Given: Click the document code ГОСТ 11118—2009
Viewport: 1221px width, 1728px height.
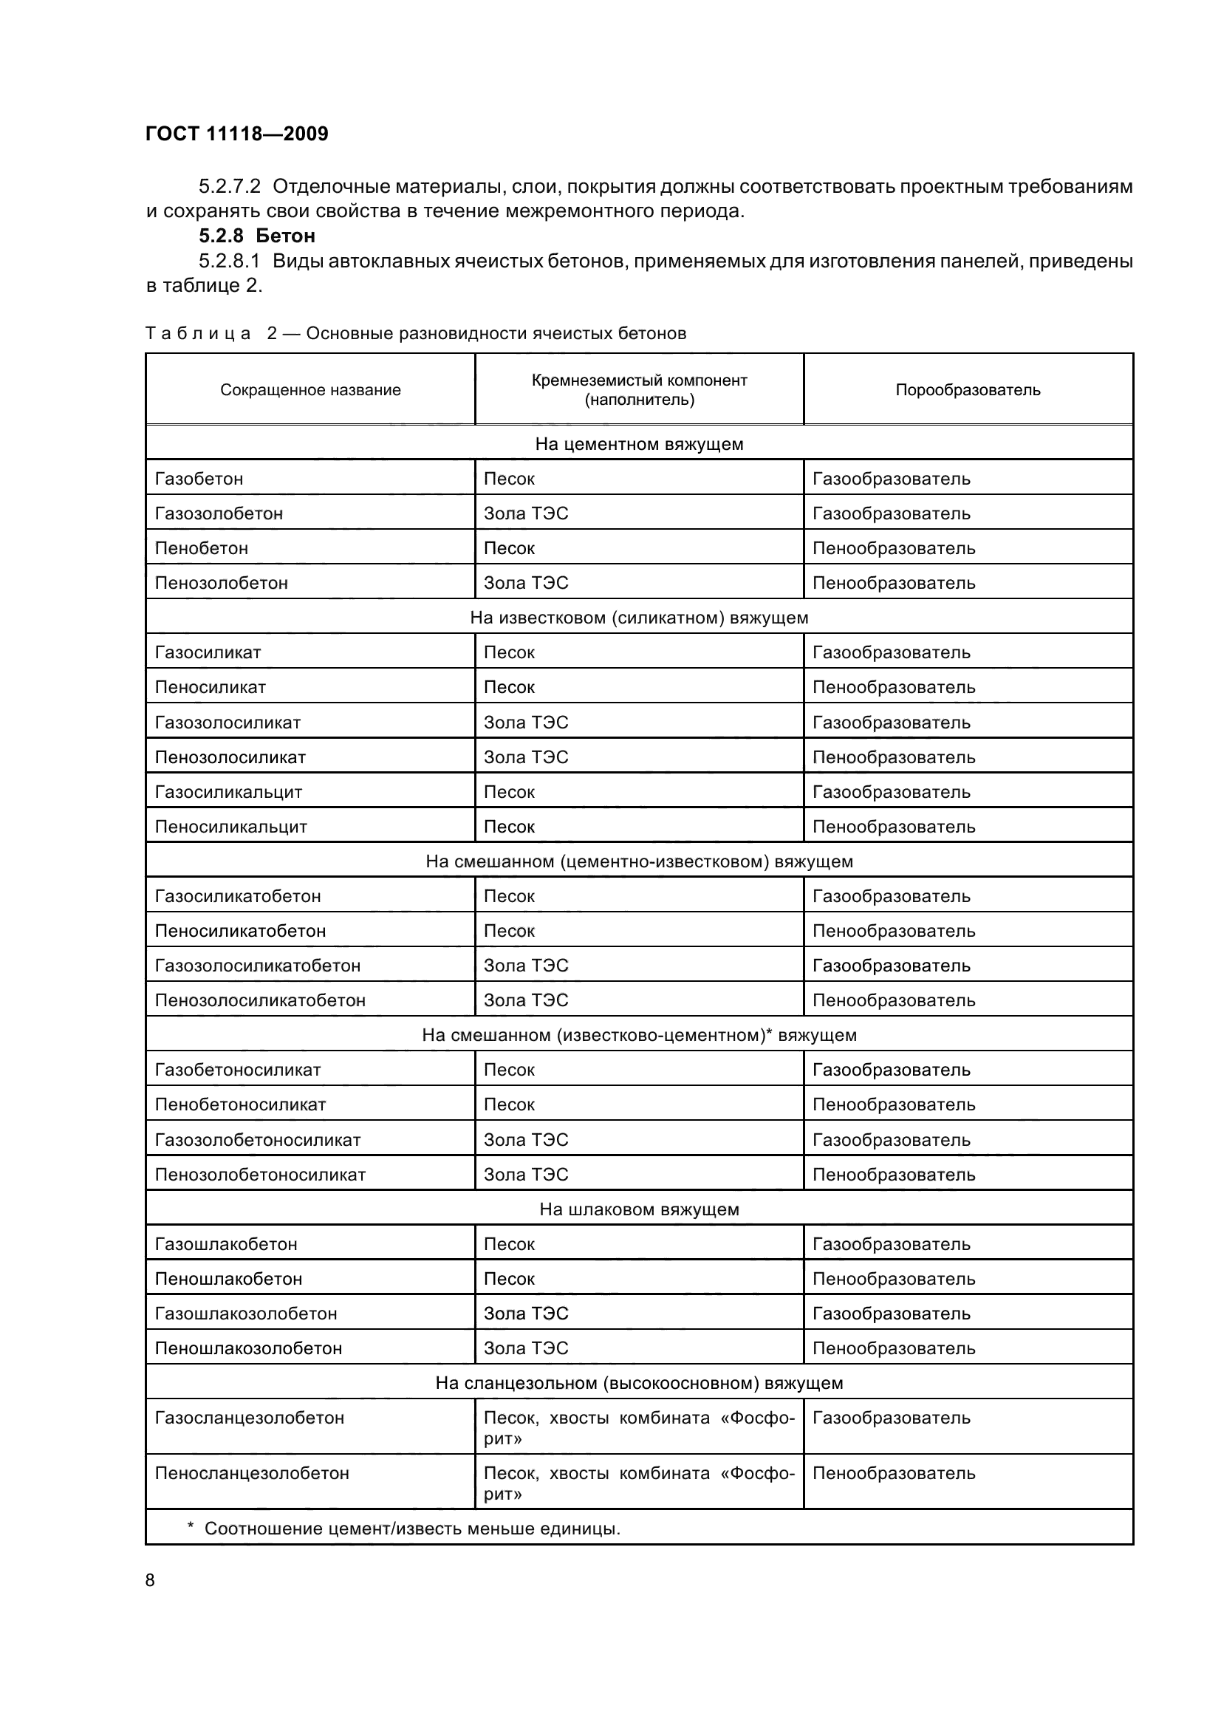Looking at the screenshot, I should click(x=236, y=134).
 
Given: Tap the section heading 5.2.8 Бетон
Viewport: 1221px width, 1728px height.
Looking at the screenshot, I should click(x=256, y=236).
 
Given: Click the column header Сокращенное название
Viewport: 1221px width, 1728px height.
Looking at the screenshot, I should click(x=310, y=390).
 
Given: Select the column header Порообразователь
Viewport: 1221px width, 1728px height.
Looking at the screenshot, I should click(x=968, y=390).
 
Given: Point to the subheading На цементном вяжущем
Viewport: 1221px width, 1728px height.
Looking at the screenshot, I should click(x=639, y=444).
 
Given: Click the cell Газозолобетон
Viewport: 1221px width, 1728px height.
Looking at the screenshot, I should click(x=219, y=513).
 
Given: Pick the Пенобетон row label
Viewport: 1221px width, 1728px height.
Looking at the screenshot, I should click(x=202, y=548).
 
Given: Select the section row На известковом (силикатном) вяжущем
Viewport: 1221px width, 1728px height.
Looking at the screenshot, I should click(x=639, y=618).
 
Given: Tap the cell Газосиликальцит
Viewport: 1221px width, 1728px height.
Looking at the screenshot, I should click(x=229, y=792).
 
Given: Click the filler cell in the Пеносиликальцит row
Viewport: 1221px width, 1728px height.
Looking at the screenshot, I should click(x=510, y=827).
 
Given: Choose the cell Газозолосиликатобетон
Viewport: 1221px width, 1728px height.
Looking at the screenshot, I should click(x=257, y=966).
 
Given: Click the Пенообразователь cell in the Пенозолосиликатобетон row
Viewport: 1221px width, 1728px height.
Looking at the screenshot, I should click(x=894, y=1000).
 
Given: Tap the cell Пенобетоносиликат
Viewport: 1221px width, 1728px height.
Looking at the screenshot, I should click(x=240, y=1104).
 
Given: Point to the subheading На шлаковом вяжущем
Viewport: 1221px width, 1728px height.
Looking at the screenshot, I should click(x=639, y=1209).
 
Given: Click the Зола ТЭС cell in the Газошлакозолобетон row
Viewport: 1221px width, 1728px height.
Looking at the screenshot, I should click(x=526, y=1314).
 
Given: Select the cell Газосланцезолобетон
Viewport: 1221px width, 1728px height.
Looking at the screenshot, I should click(x=249, y=1418).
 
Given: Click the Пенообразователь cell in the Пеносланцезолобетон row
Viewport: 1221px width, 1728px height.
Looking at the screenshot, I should click(x=894, y=1474).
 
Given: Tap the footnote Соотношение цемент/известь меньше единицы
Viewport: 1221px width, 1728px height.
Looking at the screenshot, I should click(x=411, y=1529).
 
